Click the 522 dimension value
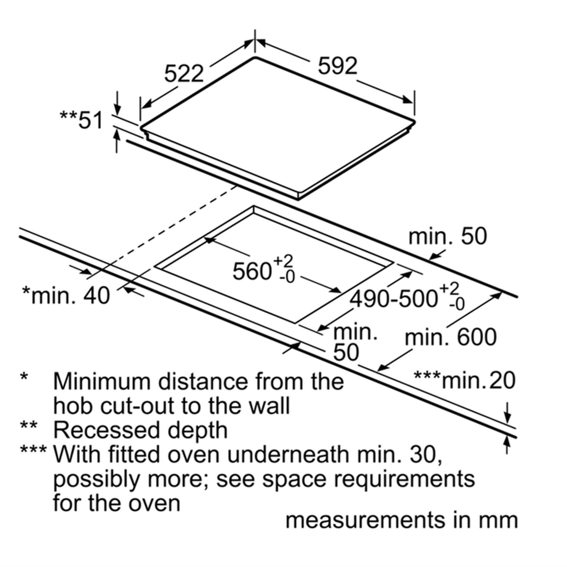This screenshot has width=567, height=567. pyautogui.click(x=184, y=74)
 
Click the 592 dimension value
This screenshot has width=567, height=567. pyautogui.click(x=338, y=66)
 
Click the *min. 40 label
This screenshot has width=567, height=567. pyautogui.click(x=66, y=295)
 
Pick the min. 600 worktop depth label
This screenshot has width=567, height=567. pyautogui.click(x=451, y=337)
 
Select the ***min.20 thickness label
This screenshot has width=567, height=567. pyautogui.click(x=465, y=380)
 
